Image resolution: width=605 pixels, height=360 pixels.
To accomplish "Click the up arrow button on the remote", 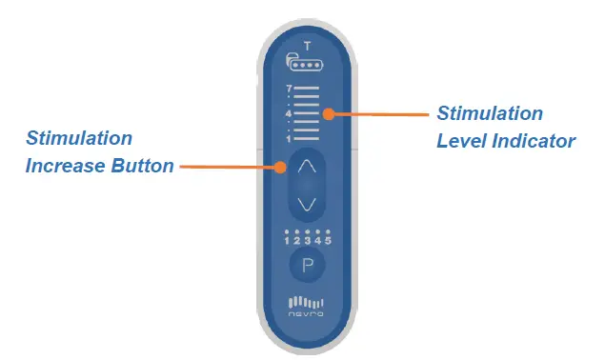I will (307, 166).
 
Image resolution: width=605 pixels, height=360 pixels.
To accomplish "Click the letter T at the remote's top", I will (306, 47).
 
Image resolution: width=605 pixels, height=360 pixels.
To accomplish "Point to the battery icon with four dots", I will (306, 67).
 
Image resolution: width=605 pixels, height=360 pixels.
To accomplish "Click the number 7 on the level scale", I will (288, 89).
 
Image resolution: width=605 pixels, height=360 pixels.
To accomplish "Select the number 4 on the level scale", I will (288, 114).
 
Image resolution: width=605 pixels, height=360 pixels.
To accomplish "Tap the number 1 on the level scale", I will (288, 139).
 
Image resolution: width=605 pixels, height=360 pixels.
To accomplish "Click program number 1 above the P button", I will (287, 240).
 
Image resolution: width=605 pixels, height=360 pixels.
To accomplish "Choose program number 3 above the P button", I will (308, 240).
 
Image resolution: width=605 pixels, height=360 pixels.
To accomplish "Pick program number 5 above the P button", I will (328, 240).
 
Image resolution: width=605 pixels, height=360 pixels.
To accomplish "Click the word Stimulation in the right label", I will (490, 113).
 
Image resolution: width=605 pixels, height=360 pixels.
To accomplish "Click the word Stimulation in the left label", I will (79, 138).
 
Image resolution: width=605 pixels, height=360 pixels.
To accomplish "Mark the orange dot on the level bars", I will (327, 114).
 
